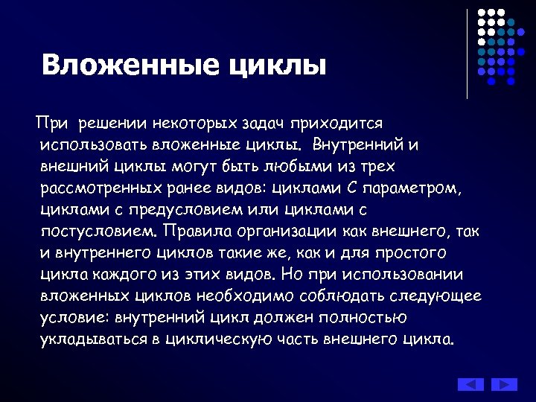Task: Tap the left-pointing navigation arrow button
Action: (470, 384)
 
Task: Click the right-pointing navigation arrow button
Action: (504, 384)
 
